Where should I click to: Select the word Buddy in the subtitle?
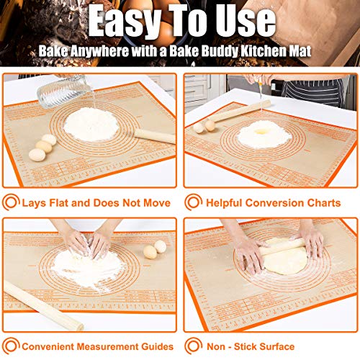[x=235, y=53]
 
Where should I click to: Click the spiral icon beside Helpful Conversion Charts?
[x=192, y=202]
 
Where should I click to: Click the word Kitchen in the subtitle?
[x=279, y=53]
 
